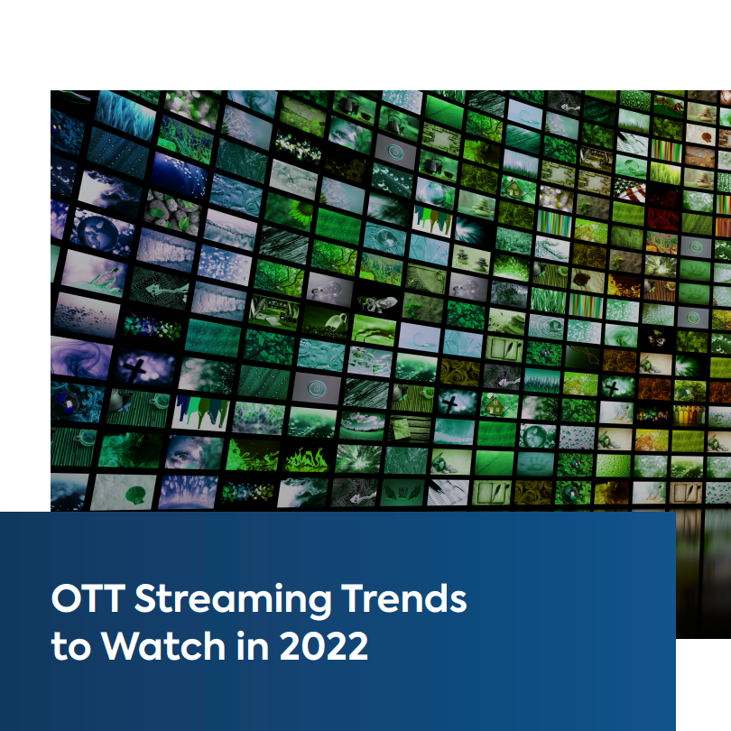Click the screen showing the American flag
632,191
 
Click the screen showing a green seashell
134,493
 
